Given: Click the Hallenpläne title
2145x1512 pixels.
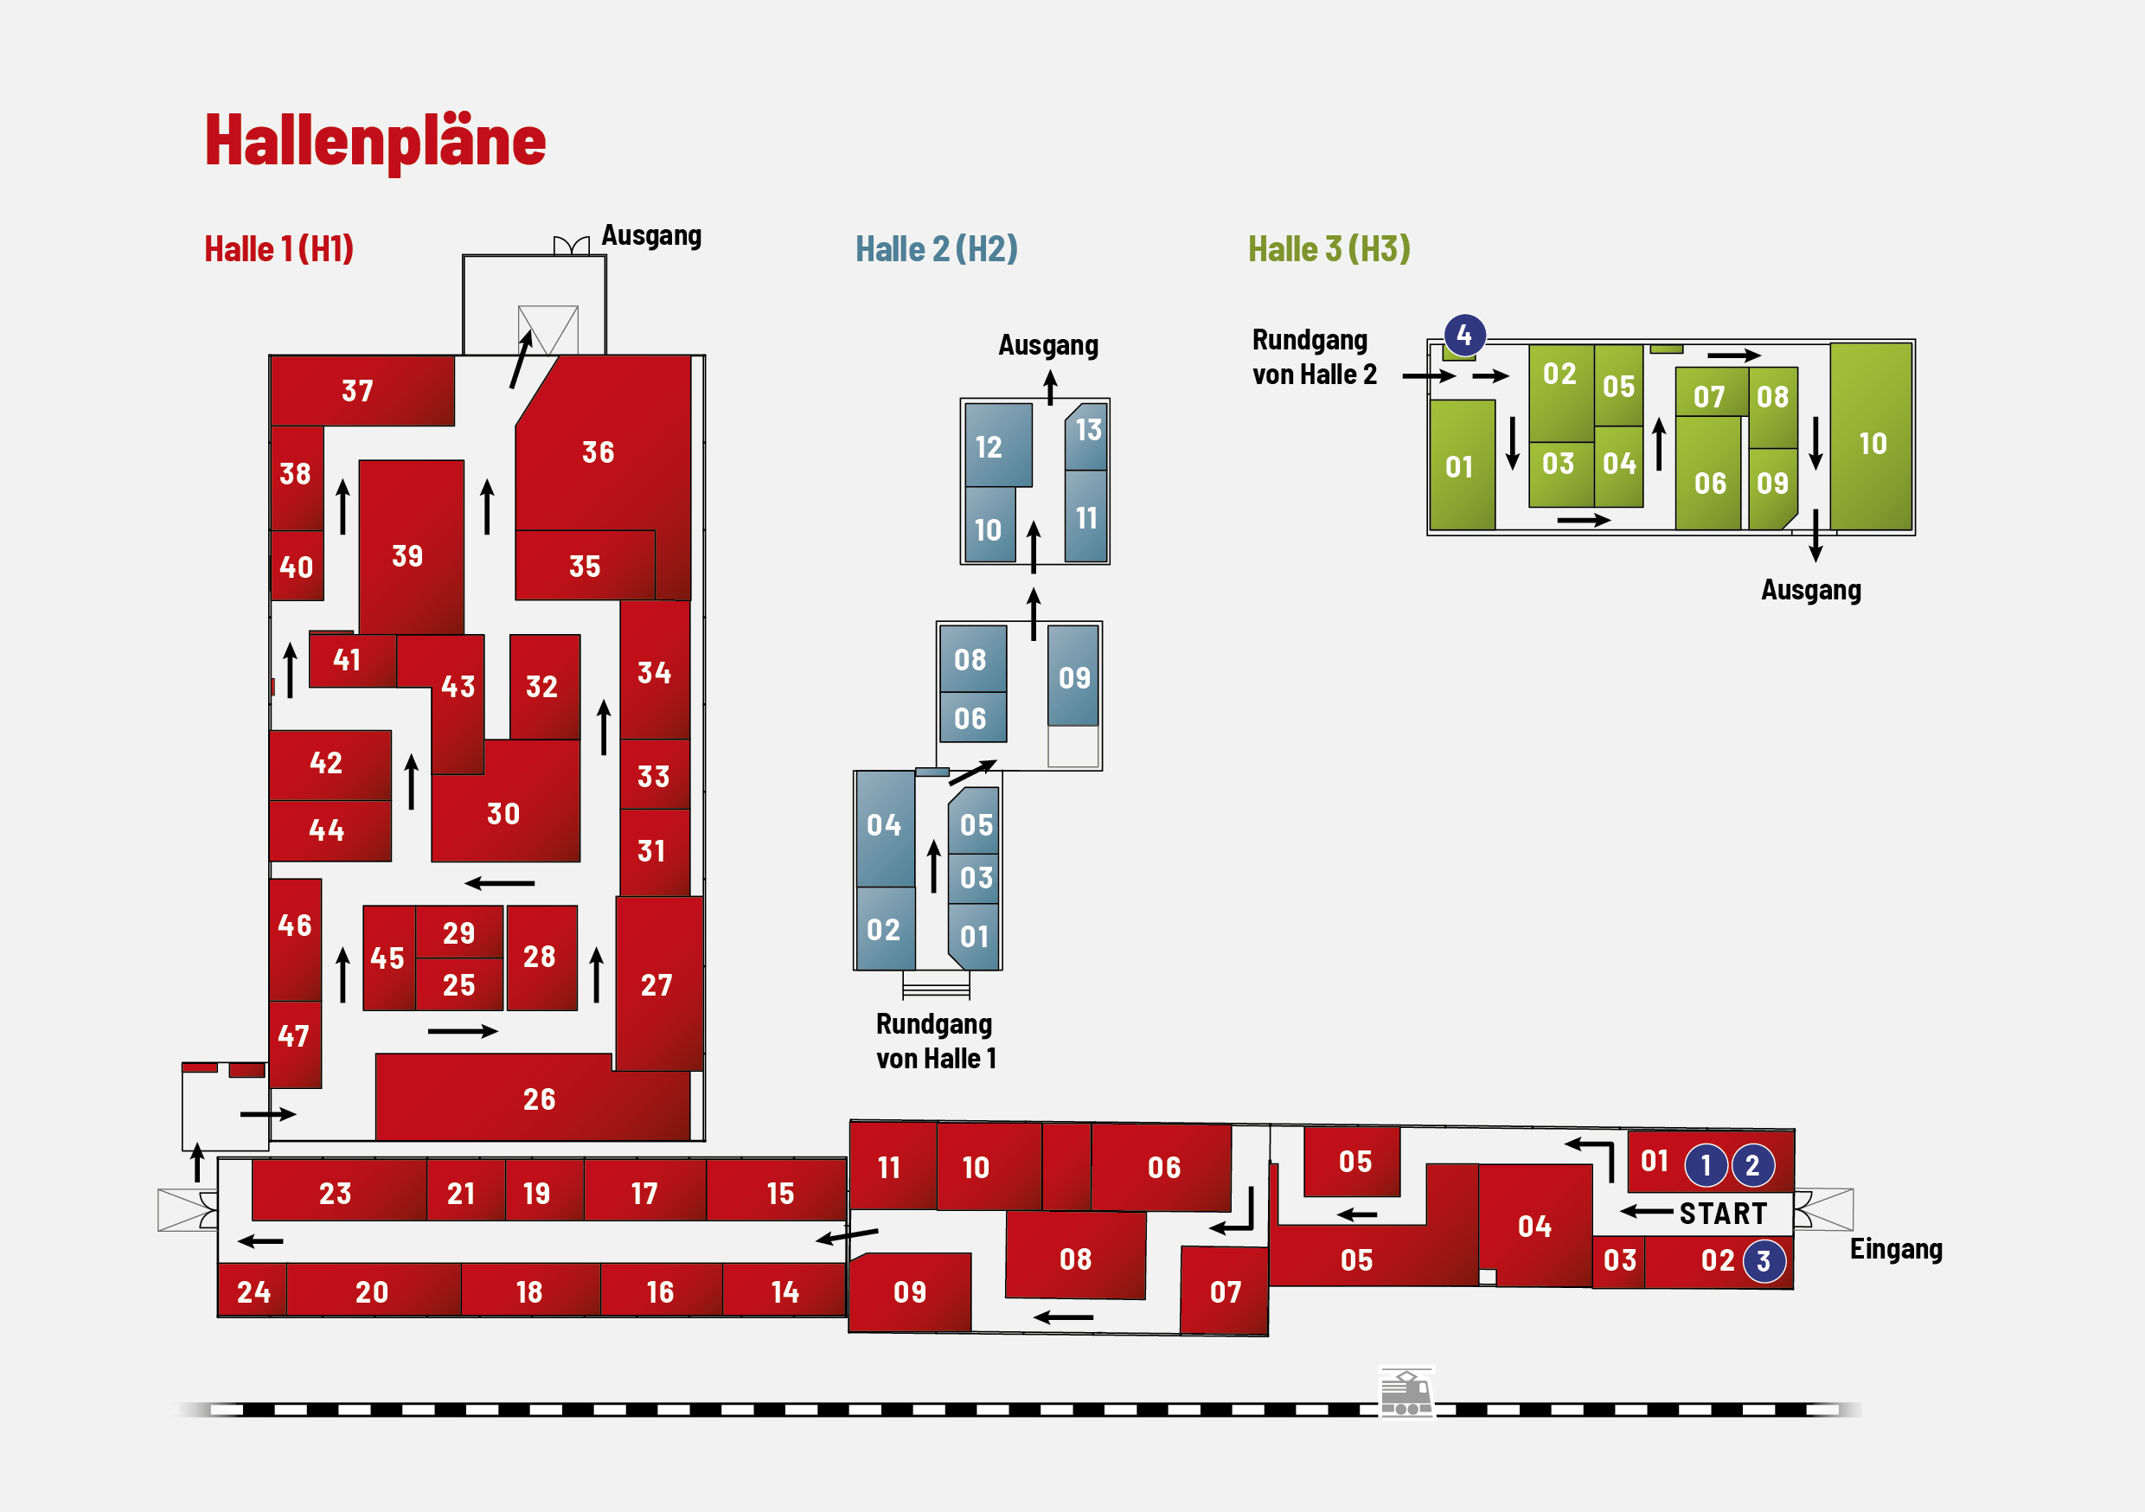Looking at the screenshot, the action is click(375, 141).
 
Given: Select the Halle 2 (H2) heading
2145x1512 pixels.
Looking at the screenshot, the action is click(936, 249).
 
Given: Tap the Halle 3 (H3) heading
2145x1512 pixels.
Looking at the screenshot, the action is click(1329, 249).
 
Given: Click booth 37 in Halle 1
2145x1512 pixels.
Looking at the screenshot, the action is click(362, 391).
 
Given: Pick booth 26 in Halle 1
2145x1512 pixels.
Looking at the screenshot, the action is click(533, 1099).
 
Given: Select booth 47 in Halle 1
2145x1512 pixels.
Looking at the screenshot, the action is click(295, 1045).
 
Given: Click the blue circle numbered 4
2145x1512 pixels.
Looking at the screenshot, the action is click(1464, 335).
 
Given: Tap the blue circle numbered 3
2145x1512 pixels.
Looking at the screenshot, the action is click(1764, 1261).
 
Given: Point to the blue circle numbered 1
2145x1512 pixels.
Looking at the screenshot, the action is click(1705, 1165).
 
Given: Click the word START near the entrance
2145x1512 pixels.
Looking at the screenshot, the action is click(1723, 1214).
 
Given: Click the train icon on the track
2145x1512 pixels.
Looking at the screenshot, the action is click(1406, 1393).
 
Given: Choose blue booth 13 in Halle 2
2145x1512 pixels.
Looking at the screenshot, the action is click(1086, 437).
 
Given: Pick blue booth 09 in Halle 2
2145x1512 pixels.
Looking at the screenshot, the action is click(1072, 676).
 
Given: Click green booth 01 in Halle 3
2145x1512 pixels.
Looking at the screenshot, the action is click(1462, 465).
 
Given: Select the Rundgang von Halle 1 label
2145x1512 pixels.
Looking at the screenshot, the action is click(935, 1041).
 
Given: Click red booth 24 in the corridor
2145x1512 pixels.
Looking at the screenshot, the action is click(253, 1291).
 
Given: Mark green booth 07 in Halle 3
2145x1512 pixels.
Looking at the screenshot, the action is click(1712, 393).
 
